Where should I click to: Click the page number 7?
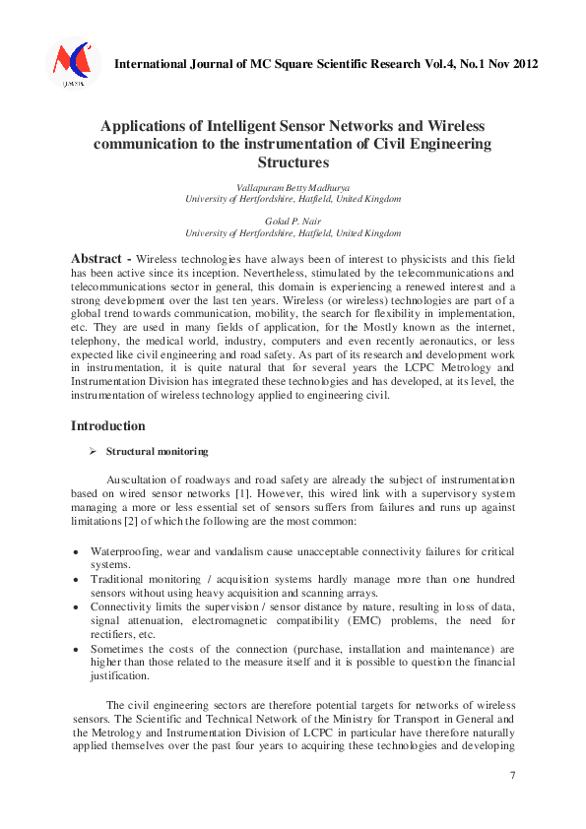pyautogui.click(x=512, y=777)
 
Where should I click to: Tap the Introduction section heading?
pyautogui.click(x=108, y=426)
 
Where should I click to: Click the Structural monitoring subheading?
pyautogui.click(x=157, y=451)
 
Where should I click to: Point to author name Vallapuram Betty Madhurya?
pyautogui.click(x=293, y=187)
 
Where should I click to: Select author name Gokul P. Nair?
pyautogui.click(x=293, y=222)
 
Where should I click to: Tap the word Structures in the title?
pyautogui.click(x=293, y=162)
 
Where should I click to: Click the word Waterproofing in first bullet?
pyautogui.click(x=125, y=551)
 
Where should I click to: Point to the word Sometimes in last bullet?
pyautogui.click(x=118, y=650)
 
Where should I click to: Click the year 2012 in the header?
pyautogui.click(x=522, y=65)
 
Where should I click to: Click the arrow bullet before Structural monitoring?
pyautogui.click(x=92, y=451)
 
